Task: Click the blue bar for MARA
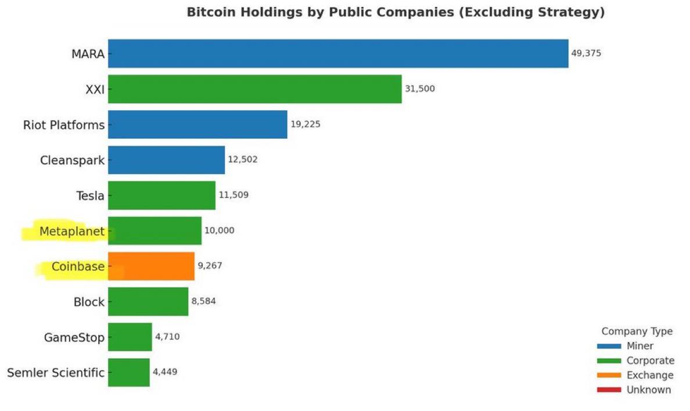[338, 53]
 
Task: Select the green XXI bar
[254, 89]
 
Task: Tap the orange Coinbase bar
[151, 266]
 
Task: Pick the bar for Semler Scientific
[128, 372]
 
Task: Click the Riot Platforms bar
[197, 124]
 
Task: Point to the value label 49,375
[586, 53]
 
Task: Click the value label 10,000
[219, 230]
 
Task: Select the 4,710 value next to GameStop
[167, 337]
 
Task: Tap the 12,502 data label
[242, 160]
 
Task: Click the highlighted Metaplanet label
[71, 232]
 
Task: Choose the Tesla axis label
[90, 196]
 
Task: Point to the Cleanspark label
[72, 160]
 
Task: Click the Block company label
[89, 302]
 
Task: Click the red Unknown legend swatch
[609, 390]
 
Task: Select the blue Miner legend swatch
[609, 346]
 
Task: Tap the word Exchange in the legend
[650, 376]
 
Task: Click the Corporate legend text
[651, 361]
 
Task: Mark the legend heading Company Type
[637, 331]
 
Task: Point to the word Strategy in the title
[574, 12]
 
